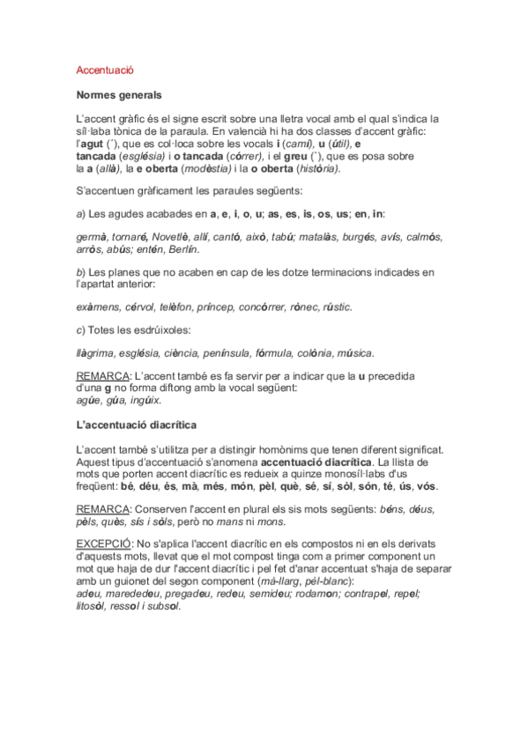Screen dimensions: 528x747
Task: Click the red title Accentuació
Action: coord(105,70)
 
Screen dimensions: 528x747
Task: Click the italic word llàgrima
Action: coord(98,353)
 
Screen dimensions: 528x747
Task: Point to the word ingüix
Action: coord(145,401)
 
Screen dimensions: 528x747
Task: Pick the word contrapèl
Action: coord(365,594)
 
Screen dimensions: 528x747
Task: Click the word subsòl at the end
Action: coord(163,606)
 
